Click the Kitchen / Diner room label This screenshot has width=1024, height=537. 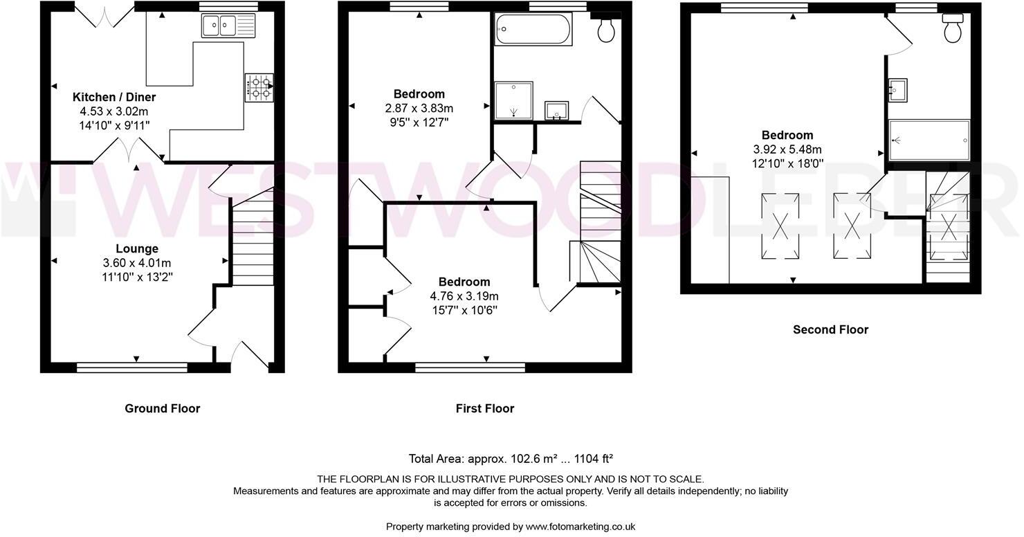pos(114,98)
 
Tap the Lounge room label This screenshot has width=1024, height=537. pos(136,248)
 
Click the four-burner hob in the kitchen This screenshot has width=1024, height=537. pos(258,88)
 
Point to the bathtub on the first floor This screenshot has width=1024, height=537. pos(533,30)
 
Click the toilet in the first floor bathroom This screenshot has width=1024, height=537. pos(607,29)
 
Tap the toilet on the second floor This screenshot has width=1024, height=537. pos(953,28)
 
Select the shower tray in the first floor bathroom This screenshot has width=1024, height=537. pos(514,101)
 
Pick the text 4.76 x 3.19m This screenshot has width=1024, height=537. pos(464,295)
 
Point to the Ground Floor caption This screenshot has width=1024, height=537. pos(163,408)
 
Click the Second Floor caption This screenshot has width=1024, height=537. pos(830,329)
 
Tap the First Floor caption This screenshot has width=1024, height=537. pos(485,408)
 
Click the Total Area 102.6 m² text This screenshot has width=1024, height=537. pos(511,458)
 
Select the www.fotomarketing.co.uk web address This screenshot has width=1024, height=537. pos(580,526)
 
